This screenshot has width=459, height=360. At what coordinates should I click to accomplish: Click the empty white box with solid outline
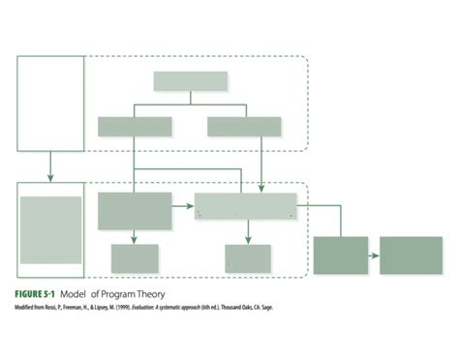coord(49,104)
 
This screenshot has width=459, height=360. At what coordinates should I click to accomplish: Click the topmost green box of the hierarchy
coord(191,81)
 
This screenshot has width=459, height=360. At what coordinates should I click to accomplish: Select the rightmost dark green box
coord(411,255)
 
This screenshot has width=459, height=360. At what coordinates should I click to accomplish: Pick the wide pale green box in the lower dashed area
coord(246,206)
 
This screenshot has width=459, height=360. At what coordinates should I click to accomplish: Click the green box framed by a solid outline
coord(51,229)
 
